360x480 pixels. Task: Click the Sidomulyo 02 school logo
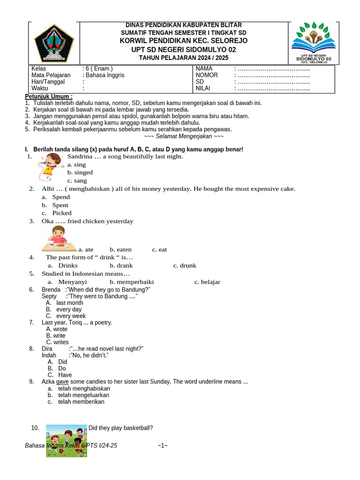click(314, 42)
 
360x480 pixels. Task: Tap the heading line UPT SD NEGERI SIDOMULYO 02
click(184, 49)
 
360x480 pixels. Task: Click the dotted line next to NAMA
click(274, 68)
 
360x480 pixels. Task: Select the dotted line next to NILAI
click(274, 88)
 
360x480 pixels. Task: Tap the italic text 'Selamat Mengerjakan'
click(184, 136)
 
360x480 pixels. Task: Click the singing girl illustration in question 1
click(50, 166)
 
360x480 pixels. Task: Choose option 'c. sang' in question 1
click(77, 180)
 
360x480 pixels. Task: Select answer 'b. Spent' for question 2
click(60, 205)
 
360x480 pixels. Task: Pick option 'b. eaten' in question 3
click(120, 249)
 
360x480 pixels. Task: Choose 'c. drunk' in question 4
click(185, 265)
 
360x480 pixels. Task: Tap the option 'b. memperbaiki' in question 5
click(132, 282)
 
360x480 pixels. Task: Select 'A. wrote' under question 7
click(57, 329)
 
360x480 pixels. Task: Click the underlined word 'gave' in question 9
click(62, 382)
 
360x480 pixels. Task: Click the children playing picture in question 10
click(67, 440)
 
